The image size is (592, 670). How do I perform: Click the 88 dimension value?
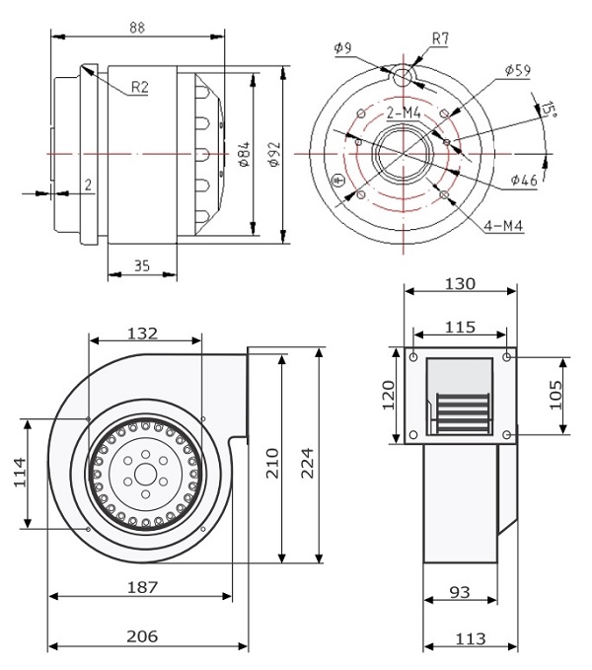coord(136,29)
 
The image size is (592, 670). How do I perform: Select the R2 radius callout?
coord(139,89)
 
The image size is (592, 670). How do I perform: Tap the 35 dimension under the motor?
coord(141,266)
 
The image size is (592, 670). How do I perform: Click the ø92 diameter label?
coord(273,156)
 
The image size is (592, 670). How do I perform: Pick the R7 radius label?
coord(441,38)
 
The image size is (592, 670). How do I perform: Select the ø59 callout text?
coord(517,70)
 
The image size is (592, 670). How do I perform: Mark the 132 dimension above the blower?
coord(145,334)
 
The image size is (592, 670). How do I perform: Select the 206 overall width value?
coord(144,636)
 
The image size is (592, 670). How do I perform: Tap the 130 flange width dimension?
coord(460,283)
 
